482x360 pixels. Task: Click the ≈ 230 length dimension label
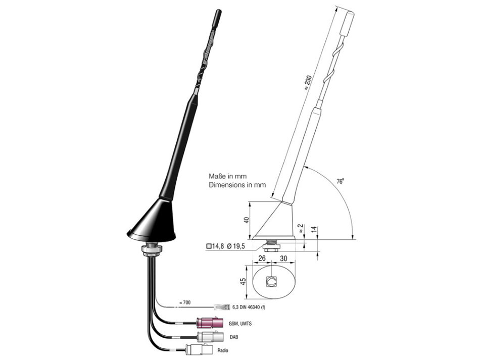(308, 82)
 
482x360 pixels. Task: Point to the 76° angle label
(340, 181)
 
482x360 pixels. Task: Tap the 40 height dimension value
(246, 220)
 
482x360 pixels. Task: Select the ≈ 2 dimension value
(301, 229)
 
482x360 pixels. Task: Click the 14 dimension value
(314, 229)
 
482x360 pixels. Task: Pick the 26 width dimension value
(262, 259)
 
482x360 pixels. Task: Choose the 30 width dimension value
(283, 259)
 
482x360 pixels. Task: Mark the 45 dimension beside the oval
(243, 281)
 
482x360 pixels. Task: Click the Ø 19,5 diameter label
(236, 246)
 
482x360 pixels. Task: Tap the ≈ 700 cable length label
(185, 302)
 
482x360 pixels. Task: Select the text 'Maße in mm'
(228, 176)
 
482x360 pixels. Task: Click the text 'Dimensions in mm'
(237, 185)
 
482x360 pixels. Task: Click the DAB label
(234, 337)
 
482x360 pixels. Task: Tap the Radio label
(223, 350)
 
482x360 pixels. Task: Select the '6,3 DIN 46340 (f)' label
(249, 307)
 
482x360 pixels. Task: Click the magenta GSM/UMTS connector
(210, 323)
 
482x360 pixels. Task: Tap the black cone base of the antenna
(152, 221)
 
